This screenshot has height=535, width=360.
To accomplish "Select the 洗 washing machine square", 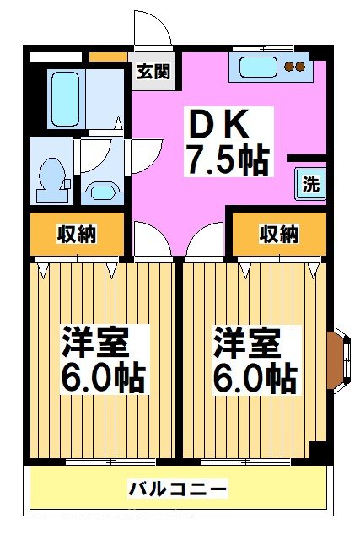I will point(310,185).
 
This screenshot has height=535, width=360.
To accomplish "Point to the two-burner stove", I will point(294,67).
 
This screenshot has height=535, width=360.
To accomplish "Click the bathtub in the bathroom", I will point(65,98).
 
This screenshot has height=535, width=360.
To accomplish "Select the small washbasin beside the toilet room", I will point(103,191).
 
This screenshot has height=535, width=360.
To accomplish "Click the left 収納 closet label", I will point(77,233).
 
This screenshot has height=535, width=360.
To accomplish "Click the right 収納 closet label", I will point(279,233).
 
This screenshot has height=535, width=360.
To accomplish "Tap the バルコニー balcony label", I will point(178,489).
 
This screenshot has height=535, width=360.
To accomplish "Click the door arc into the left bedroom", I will point(150,240).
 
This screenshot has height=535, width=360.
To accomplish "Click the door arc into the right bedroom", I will point(204,240).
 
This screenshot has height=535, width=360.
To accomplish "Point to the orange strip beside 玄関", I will point(108,57).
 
